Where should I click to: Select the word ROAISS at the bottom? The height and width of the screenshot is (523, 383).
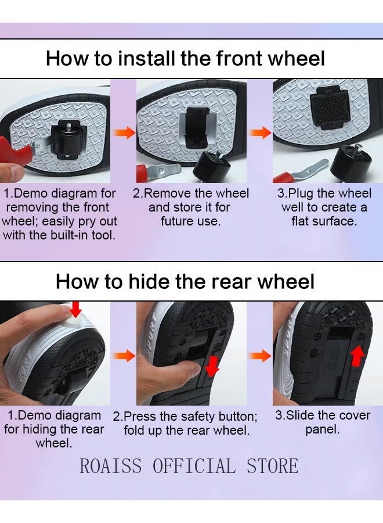click(x=111, y=465)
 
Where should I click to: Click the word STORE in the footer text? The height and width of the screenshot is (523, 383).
click(x=272, y=465)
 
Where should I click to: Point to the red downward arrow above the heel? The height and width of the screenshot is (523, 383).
click(x=76, y=309)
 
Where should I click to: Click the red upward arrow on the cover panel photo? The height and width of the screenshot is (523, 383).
click(x=357, y=356)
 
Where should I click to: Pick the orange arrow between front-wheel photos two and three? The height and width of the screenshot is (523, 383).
click(x=261, y=132)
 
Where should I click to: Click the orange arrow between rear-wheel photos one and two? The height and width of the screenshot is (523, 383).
click(x=124, y=356)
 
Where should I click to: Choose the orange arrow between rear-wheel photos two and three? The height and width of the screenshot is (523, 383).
click(x=261, y=356)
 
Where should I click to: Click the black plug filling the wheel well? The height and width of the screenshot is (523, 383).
click(x=330, y=106)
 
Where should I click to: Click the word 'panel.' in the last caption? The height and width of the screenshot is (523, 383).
click(x=323, y=430)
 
